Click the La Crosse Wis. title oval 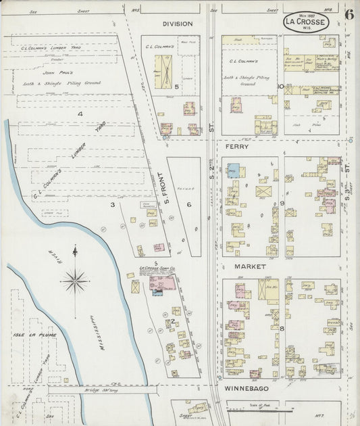[306, 22]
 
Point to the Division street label [177, 24]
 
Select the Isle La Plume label [28, 334]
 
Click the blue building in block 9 [233, 170]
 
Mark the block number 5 [176, 87]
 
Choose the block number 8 [282, 329]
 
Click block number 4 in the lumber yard [79, 114]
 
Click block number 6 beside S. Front [189, 204]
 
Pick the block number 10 [280, 87]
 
